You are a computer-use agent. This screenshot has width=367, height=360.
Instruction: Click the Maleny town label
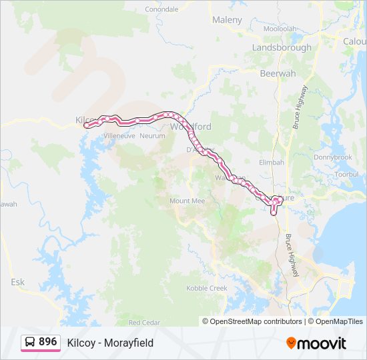[x=227, y=20]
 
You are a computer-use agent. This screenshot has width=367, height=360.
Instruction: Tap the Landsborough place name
[x=281, y=48]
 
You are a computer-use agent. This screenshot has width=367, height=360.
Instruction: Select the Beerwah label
[x=278, y=73]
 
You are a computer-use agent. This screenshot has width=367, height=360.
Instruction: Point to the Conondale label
[x=161, y=9]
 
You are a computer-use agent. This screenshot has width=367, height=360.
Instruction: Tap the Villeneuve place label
[x=119, y=135]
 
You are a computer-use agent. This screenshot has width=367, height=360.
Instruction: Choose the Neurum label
[x=153, y=135]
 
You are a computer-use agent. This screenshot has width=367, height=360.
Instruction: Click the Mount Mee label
[x=187, y=201]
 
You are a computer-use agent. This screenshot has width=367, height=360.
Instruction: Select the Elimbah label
[x=272, y=162]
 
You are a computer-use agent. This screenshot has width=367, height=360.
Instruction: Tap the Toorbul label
[x=347, y=174]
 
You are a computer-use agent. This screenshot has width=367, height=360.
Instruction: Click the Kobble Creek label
[x=207, y=288]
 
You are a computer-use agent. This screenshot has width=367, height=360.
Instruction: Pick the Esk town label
[x=17, y=282]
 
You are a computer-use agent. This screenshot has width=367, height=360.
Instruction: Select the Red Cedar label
[x=144, y=322]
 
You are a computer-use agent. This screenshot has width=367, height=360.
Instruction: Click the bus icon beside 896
[x=30, y=342]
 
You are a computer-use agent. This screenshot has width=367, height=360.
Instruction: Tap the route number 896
[x=48, y=341]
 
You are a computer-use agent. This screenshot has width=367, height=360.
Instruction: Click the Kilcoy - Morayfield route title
[x=110, y=343]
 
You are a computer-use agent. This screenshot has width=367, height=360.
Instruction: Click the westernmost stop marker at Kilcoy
[x=87, y=125]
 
